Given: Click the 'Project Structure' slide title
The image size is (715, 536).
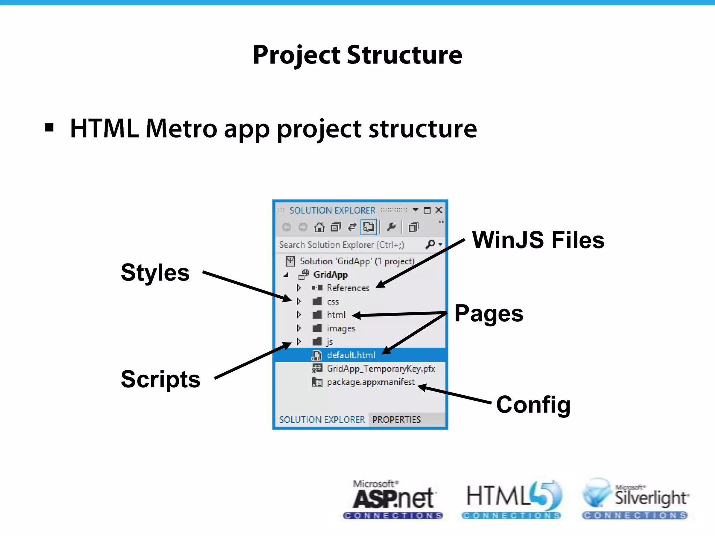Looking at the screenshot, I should [x=357, y=55].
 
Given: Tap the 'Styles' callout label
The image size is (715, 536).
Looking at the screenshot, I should [x=155, y=273].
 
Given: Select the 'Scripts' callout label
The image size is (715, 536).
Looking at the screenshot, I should [x=161, y=379].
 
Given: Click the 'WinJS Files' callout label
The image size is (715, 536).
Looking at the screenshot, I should [x=538, y=240].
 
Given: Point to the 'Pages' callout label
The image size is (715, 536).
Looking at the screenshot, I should [x=489, y=313].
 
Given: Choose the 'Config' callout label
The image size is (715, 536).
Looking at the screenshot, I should [x=533, y=405].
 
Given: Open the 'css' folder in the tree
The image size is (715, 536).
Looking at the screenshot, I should [x=332, y=301].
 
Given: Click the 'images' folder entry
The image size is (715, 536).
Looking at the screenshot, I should [x=340, y=328].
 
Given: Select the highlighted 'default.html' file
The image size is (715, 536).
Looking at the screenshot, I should [x=351, y=355].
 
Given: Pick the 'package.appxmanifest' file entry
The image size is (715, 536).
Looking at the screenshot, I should [x=370, y=382].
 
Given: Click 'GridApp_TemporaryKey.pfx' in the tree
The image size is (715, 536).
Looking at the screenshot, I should [x=381, y=369].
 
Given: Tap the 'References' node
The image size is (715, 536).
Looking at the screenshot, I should [x=348, y=288].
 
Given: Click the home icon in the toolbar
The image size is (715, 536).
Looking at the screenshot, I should [x=319, y=228].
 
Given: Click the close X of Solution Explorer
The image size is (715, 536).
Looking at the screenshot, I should [x=439, y=210].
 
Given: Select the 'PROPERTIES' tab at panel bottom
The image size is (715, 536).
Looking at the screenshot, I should [x=396, y=420].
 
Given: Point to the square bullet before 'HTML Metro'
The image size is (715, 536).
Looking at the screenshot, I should [x=50, y=128].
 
